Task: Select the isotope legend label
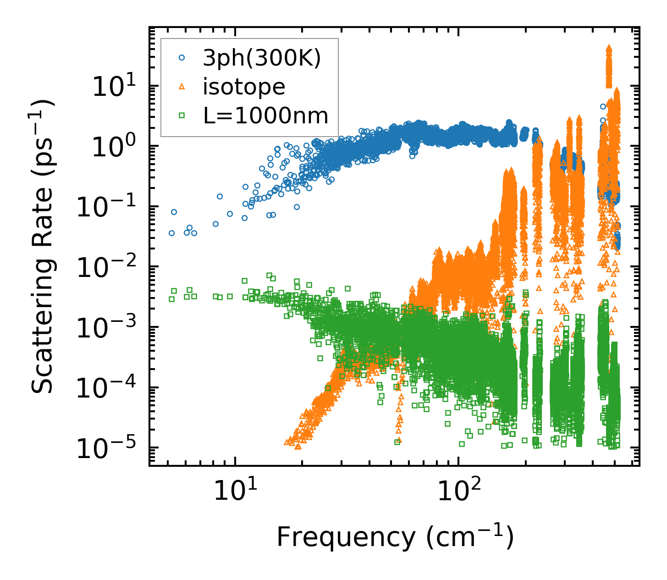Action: (244, 87)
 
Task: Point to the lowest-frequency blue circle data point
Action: (171, 233)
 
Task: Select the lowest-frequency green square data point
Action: (171, 299)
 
